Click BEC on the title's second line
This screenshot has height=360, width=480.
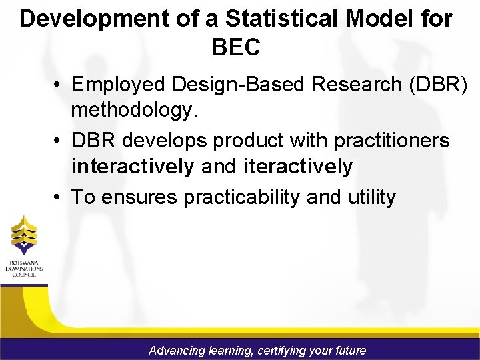point(235,47)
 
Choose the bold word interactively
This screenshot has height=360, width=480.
point(133,166)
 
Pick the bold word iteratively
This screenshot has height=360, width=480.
point(298,166)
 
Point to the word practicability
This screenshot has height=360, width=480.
point(242,197)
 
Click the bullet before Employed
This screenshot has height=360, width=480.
point(59,85)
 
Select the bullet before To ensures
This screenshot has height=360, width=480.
point(59,198)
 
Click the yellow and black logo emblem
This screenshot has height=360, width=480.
point(24,235)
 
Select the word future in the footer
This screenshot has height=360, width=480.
point(348,350)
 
